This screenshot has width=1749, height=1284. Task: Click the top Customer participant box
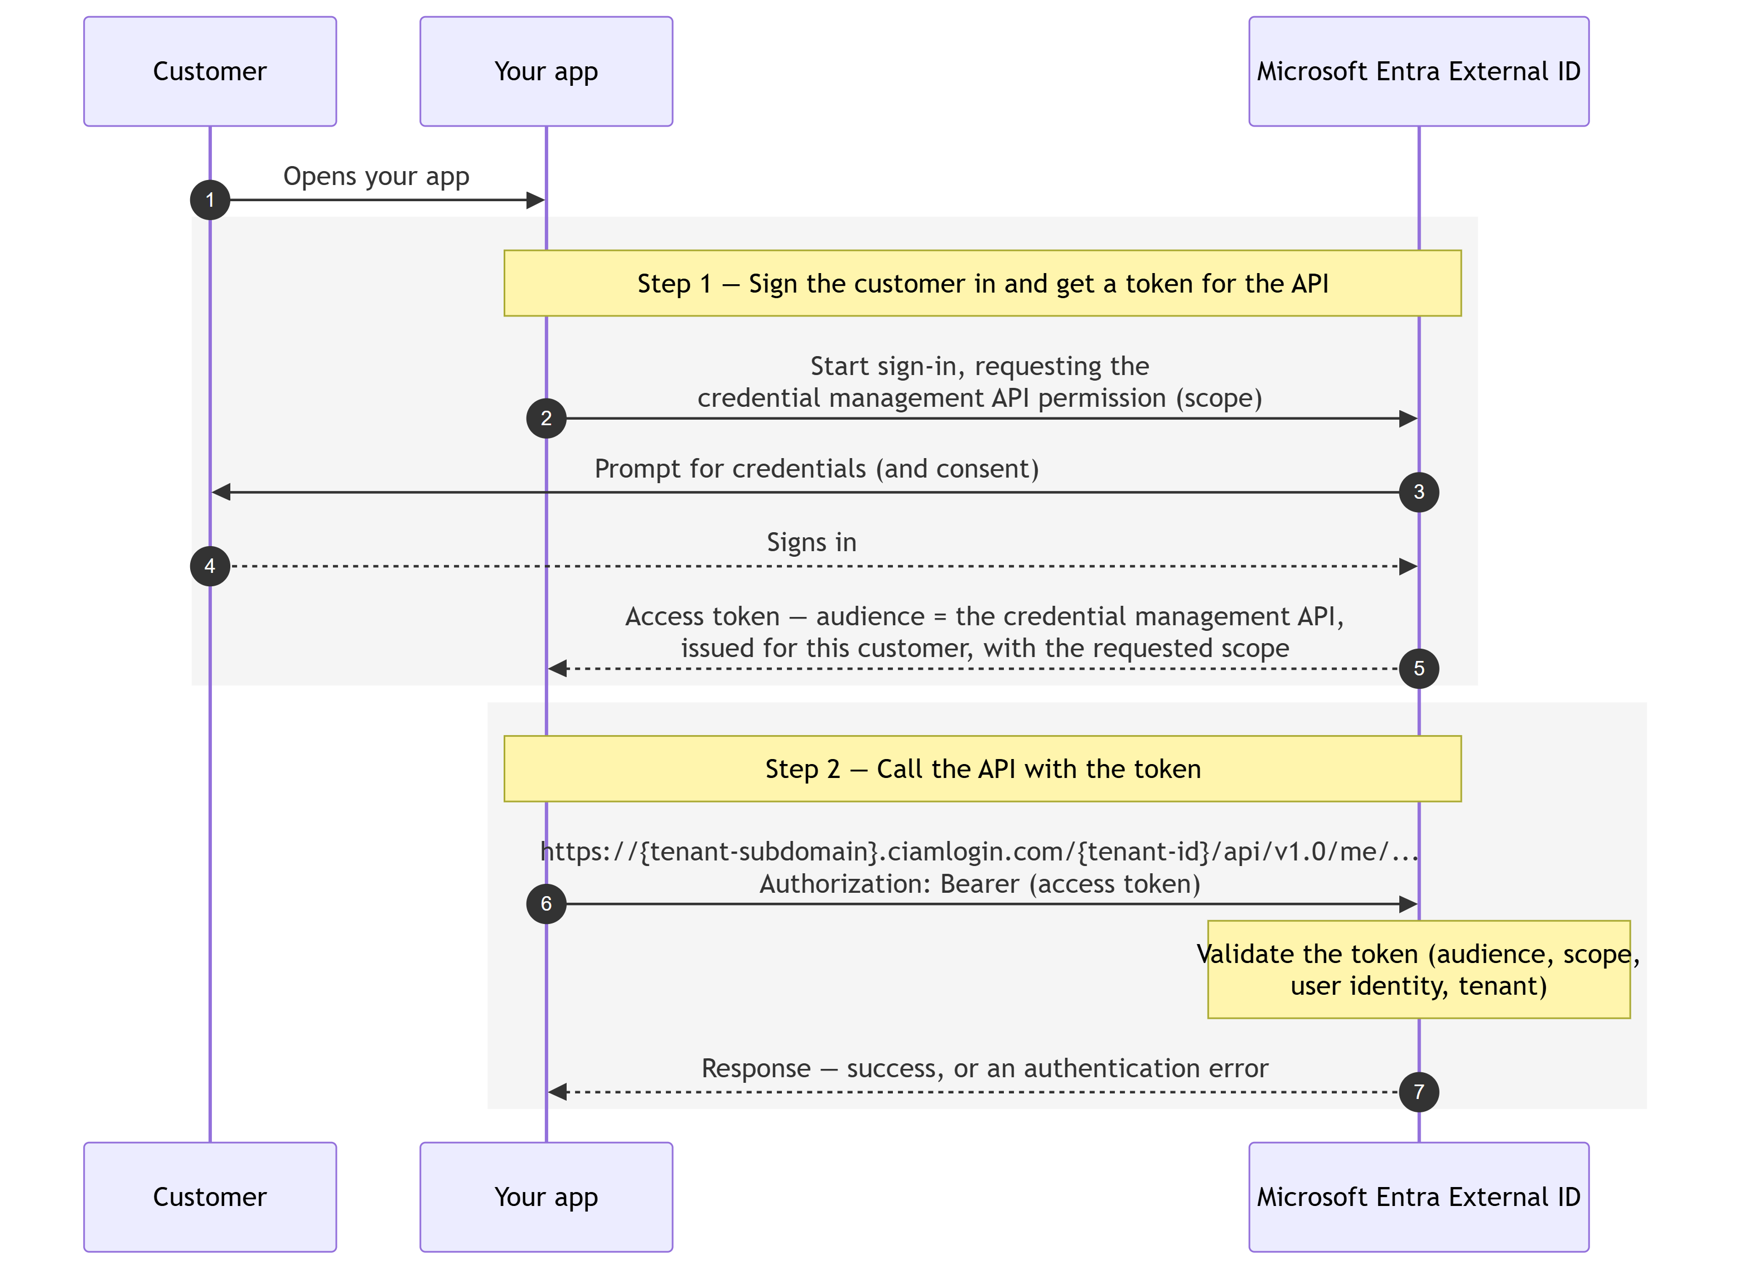coord(210,71)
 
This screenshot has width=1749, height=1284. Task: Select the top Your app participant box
coord(546,71)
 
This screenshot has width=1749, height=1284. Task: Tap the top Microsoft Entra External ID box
coord(1418,71)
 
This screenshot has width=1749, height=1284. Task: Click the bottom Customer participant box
coord(210,1197)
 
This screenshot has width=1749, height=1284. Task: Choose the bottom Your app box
coord(546,1197)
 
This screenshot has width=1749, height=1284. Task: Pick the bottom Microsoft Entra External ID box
coord(1418,1197)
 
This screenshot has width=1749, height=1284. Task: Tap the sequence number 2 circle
coord(546,418)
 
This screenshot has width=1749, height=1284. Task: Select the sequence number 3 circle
coord(1418,492)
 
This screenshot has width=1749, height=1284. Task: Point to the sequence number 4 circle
coord(210,566)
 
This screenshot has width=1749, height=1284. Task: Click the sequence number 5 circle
coord(1418,668)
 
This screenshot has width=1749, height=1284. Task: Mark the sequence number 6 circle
coord(546,904)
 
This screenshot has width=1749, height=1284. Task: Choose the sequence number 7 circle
coord(1418,1092)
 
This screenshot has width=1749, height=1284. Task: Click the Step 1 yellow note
coord(982,283)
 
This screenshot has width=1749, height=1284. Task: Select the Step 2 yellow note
coord(982,769)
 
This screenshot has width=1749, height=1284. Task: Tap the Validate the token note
coord(1418,969)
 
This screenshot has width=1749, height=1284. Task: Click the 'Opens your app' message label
coord(376,177)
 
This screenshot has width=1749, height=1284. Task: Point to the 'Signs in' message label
coord(812,542)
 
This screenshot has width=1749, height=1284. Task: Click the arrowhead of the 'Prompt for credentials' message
coord(221,492)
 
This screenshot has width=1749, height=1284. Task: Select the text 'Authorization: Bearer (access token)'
coord(980,884)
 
